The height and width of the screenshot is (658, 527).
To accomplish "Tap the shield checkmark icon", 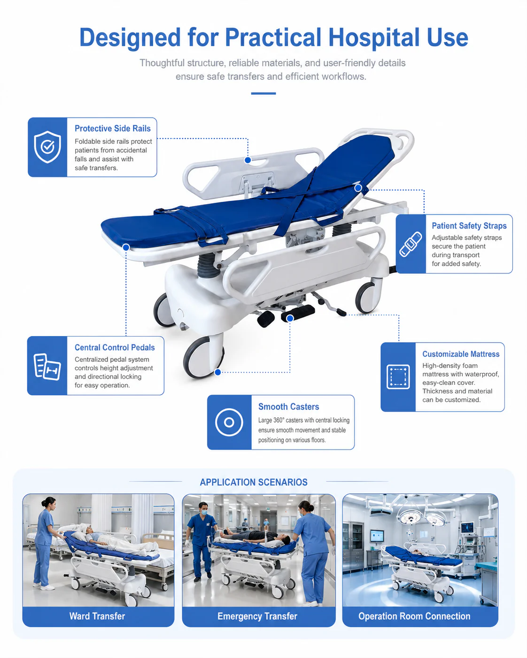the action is (47, 147).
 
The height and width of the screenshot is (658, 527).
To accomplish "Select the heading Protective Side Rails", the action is (113, 129).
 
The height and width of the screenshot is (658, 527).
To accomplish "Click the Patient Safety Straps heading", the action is (469, 226).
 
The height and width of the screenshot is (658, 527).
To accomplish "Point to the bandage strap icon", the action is (411, 244).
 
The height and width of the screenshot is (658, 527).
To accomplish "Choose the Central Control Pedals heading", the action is (115, 347).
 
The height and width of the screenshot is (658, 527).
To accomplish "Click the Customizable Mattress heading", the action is (461, 354).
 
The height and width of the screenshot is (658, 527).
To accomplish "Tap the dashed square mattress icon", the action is (398, 377).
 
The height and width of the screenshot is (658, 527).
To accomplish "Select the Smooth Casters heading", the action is (288, 406).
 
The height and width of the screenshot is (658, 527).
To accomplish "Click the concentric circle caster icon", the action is (229, 422).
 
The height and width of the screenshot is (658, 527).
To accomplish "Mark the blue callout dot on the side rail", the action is (248, 160).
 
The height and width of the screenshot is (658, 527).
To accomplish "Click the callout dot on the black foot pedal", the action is (290, 318).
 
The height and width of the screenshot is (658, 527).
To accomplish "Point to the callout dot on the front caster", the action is (217, 372).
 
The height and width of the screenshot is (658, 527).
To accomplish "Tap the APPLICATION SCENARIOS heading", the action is (254, 482).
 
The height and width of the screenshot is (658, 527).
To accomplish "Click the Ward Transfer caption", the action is (97, 616).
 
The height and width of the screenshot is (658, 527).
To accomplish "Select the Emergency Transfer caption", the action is (257, 616).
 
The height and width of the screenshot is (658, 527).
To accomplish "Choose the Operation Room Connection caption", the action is (414, 616).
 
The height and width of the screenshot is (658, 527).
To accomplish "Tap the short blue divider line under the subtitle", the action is (263, 93).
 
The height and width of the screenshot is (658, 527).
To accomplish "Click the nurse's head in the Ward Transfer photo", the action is (49, 503).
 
